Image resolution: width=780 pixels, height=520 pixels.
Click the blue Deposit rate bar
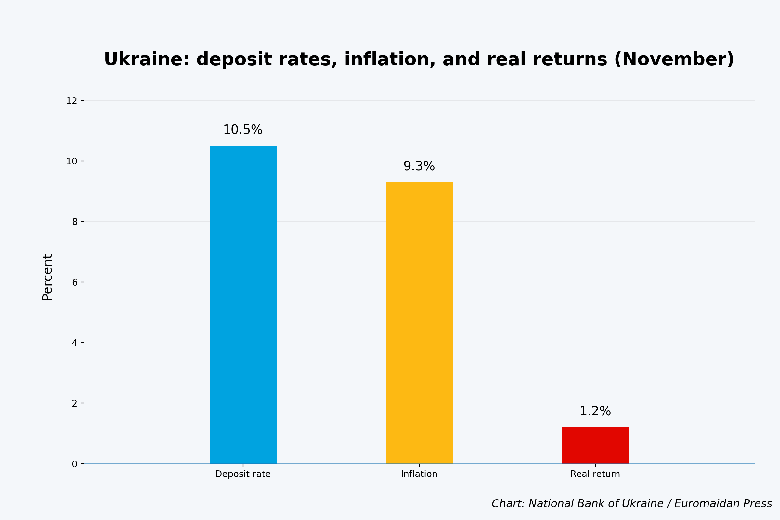(243, 305)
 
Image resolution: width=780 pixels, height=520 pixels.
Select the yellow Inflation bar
(419, 323)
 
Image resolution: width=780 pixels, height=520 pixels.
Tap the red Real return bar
(595, 445)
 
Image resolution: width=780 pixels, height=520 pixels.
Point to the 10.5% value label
(243, 130)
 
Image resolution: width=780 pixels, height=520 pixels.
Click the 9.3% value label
(419, 166)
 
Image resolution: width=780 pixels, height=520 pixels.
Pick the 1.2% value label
(595, 411)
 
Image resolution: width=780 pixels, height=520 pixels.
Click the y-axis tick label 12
(71, 101)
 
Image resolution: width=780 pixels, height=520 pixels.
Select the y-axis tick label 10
(71, 162)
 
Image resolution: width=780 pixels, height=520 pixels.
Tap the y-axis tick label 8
(75, 222)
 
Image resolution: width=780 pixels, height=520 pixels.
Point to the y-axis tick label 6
(75, 282)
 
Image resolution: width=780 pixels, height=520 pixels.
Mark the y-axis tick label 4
(75, 343)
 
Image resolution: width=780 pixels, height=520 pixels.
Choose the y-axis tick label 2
(75, 404)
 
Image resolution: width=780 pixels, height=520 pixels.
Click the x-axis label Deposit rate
(243, 474)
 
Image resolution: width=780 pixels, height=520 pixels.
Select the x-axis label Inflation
(419, 474)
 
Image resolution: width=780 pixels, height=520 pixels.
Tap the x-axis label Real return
(595, 474)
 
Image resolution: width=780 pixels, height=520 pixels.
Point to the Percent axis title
(47, 277)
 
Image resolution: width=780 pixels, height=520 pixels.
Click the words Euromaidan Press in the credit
(722, 504)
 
